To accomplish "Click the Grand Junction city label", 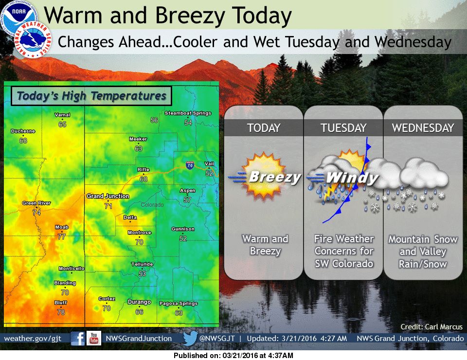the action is click(108, 196).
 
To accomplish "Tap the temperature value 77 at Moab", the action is click(62, 236).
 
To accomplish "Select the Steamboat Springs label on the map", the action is click(188, 113).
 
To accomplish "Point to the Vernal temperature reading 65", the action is click(62, 124).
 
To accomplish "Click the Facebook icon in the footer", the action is click(78, 339).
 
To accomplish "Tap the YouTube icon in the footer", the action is click(94, 338).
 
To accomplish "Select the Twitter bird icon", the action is click(190, 338).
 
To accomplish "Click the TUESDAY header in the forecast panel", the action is click(343, 128).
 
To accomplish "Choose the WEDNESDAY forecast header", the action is click(423, 128).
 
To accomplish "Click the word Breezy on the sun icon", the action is click(275, 177).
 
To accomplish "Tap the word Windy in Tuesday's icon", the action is click(352, 178).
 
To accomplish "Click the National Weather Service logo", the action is click(33, 39).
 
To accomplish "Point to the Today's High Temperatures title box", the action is click(91, 96).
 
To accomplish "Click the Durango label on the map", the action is click(139, 302).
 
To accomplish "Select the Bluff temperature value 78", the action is click(61, 312).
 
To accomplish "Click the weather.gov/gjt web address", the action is click(33, 339).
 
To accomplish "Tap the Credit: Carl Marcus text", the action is click(431, 326).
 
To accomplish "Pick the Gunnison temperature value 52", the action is click(183, 238).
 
